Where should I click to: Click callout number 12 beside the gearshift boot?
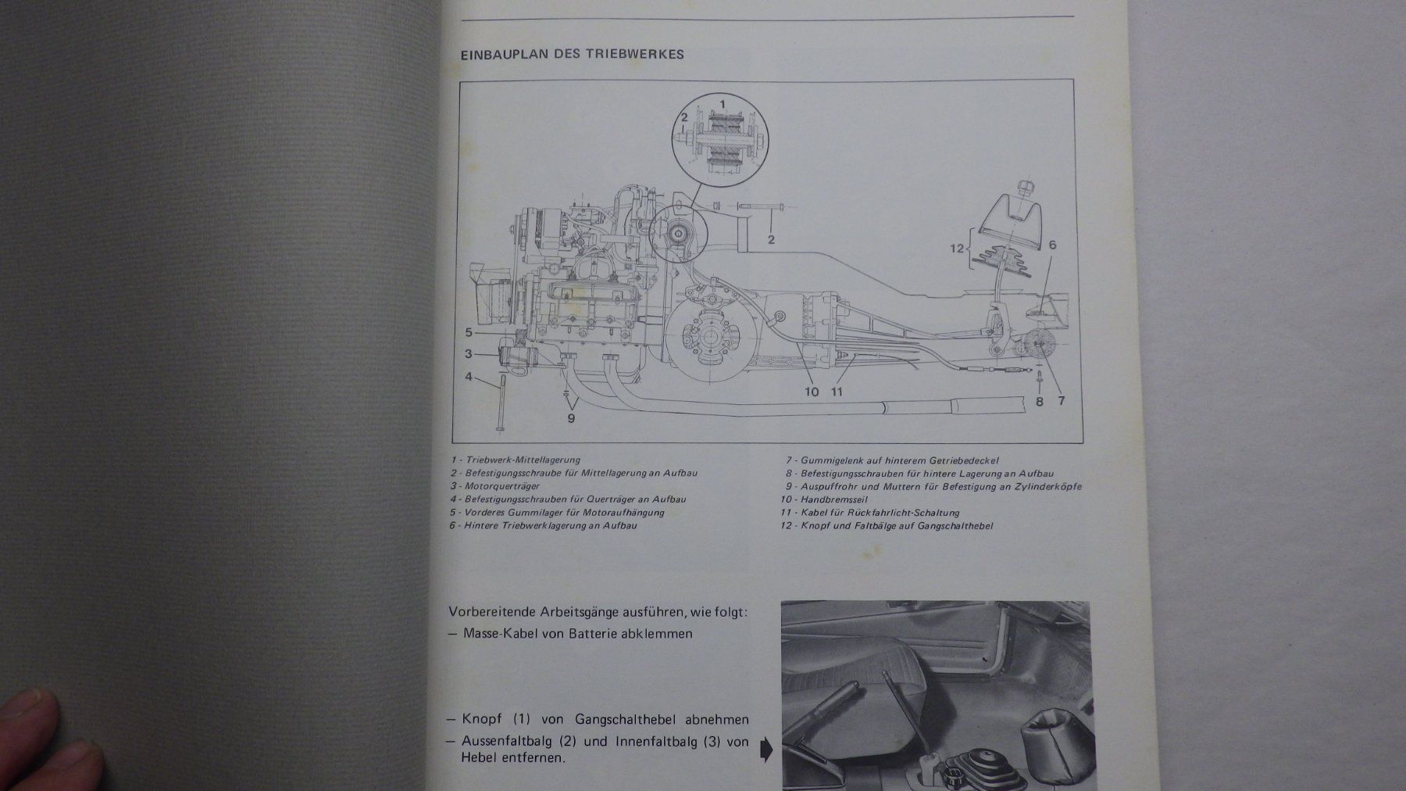[956, 249]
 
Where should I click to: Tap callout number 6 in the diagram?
[1052, 245]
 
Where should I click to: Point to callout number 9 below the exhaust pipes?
[571, 419]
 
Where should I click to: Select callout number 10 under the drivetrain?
[812, 392]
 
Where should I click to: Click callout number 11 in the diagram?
[837, 392]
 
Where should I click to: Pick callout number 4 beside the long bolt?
[469, 377]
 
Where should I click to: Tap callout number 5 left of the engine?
[469, 332]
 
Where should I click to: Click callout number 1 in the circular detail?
[722, 102]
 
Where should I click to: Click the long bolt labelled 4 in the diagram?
[498, 403]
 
